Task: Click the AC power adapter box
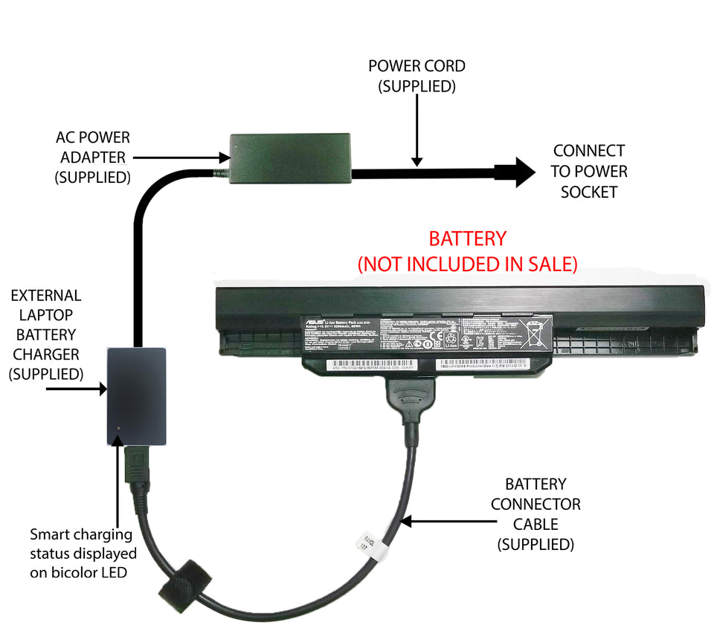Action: pos(290,158)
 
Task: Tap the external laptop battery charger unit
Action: pos(137,395)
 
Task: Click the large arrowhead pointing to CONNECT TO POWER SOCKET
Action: pos(523,172)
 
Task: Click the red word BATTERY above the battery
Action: pos(467,239)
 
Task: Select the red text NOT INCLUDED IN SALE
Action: pos(468,264)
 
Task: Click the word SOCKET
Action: pos(589,192)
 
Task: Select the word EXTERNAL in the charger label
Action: pos(46,296)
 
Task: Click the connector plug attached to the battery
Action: pos(411,401)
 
